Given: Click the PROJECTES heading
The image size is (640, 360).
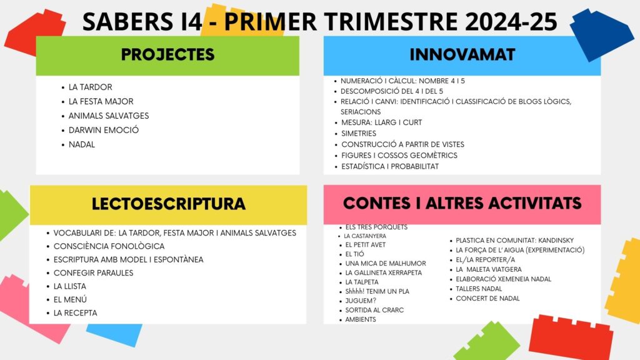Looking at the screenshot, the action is (167, 55).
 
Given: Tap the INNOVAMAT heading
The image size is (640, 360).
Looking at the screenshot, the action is (462, 55).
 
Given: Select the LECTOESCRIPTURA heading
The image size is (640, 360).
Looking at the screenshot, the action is (169, 204).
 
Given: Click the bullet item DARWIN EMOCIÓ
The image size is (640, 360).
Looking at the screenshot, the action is (104, 130).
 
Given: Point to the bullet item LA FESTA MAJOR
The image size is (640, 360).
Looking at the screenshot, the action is (101, 101).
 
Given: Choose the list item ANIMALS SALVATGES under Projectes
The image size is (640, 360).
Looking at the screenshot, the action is (109, 116).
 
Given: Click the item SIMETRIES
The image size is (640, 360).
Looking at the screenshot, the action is (359, 134).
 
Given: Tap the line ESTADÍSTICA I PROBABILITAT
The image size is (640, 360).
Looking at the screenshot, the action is (390, 166).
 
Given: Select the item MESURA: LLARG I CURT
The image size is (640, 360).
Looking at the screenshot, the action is (382, 122).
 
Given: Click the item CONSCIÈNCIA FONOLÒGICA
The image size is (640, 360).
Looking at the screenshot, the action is (109, 246).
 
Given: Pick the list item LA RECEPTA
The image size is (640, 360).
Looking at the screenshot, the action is (76, 313).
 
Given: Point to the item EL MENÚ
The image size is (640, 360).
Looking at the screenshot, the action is (70, 299).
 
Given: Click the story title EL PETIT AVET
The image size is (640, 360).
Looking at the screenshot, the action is (365, 245).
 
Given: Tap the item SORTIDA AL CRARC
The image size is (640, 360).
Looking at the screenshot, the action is (374, 310).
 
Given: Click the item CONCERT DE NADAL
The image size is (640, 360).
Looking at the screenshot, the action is (487, 298).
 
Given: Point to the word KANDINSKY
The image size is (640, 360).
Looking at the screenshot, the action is (556, 241).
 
